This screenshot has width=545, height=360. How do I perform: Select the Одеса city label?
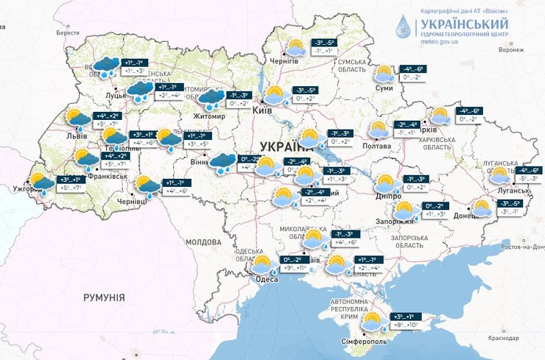266,278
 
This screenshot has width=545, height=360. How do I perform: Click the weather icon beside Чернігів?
296,49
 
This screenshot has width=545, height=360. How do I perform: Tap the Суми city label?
384,88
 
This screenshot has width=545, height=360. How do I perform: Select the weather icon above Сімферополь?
372,321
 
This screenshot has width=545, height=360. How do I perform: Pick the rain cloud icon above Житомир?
212,97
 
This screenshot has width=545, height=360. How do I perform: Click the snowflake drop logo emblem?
404,27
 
